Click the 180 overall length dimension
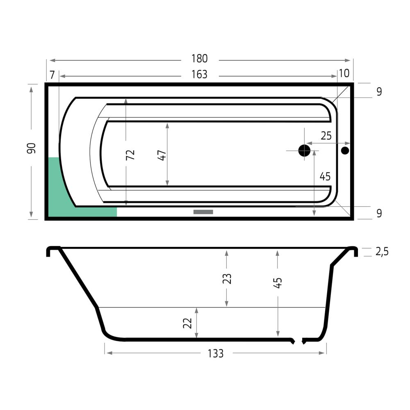pos(200,59)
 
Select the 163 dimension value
pos(199,75)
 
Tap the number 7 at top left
pos(52,75)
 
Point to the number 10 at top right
pos(344,73)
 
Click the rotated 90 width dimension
pos(31,148)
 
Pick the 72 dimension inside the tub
pos(130,155)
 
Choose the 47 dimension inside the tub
pos(162,155)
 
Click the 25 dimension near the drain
pos(326,136)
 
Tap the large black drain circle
pos(304,150)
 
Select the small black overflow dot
pos(345,150)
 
